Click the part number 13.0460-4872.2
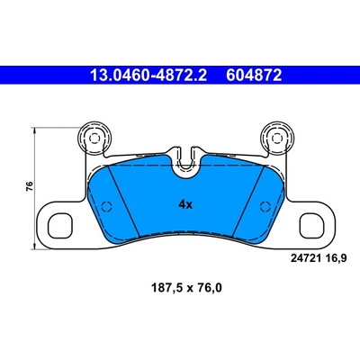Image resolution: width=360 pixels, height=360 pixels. click(x=148, y=75)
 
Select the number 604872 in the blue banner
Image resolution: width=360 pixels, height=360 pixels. click(x=254, y=75)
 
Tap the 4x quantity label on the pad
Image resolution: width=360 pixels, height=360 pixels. click(x=185, y=205)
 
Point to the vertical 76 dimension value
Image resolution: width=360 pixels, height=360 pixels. click(x=30, y=186)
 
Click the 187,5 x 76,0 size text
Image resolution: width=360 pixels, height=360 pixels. click(x=186, y=288)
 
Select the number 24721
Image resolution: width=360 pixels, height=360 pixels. click(x=306, y=258)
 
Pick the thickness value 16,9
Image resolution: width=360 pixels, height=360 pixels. click(x=336, y=258)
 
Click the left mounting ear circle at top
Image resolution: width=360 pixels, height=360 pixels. click(x=94, y=138)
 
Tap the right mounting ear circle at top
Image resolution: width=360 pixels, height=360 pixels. click(x=276, y=138)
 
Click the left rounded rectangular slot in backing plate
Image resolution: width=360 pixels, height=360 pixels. click(x=60, y=225)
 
